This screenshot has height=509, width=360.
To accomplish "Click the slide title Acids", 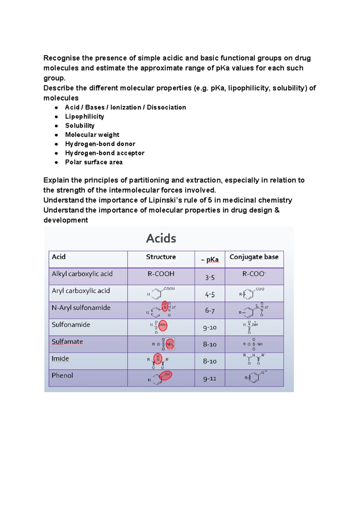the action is pos(161,238).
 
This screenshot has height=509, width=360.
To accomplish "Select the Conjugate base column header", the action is pos(254,257).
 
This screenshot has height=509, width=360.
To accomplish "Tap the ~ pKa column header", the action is pos(210,259).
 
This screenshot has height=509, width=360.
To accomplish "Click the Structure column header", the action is pos(161,257).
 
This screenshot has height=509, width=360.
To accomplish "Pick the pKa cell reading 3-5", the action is pos(210,278).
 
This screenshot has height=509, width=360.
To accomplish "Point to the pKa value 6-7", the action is pos(210,311).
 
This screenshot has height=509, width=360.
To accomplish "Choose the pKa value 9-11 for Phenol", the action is pos(210,379).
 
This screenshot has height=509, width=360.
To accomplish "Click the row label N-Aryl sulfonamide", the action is pos(81,308).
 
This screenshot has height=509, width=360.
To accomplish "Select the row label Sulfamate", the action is pos(67,342).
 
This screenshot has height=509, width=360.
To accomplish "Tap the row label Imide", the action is pos(60,358).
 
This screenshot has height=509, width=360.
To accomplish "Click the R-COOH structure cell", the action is pos(161,274).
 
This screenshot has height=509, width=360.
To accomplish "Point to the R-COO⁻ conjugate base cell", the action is pos(254,274).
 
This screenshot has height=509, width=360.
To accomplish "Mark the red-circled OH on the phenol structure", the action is pos(166,375).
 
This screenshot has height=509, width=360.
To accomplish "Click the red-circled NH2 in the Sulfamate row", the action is pos(170,344).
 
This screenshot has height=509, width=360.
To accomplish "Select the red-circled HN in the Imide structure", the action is pos(158,358).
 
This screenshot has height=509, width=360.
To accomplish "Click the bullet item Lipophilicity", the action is pos(85,116).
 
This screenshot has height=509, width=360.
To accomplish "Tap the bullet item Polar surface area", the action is pos(94,162).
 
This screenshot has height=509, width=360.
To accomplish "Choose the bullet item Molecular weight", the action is pos(92,135).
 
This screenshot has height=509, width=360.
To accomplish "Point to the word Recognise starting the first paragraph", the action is pos(61,58).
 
